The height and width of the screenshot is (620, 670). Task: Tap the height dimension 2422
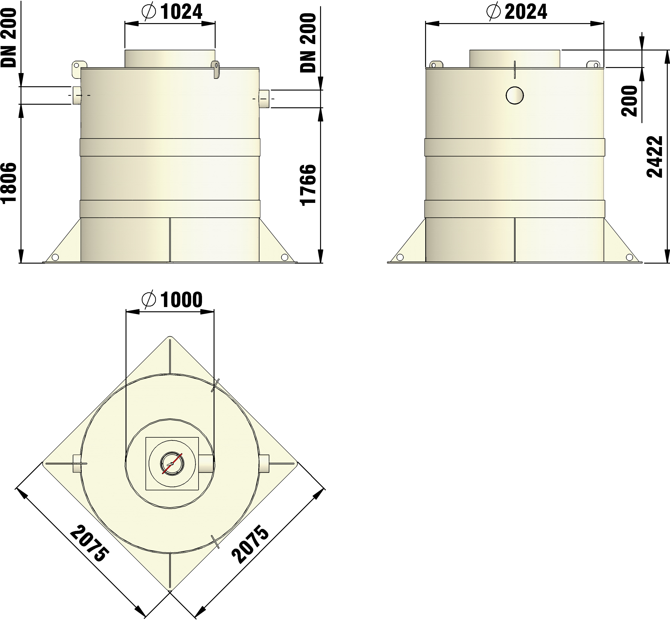pos(655,157)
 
